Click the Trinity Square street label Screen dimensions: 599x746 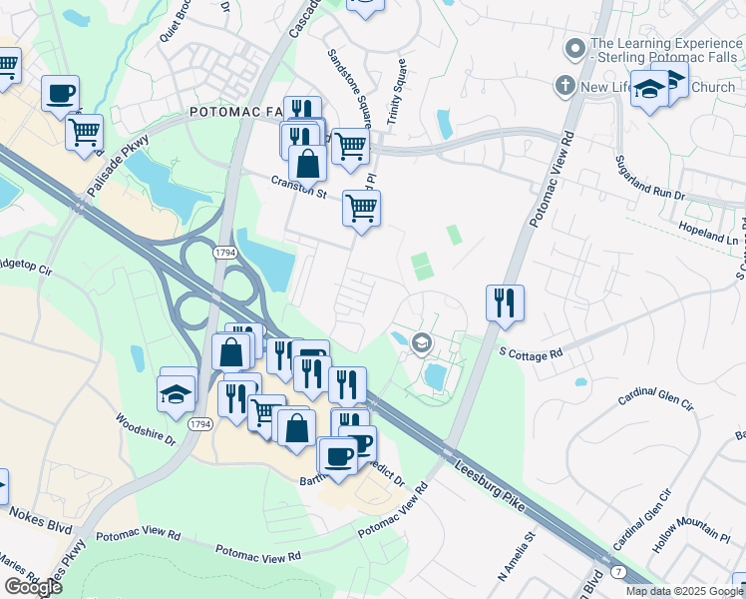point(395,92)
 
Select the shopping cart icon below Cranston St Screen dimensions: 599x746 point(361,209)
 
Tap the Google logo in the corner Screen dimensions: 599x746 point(32,587)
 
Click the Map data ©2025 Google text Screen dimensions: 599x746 point(683,591)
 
